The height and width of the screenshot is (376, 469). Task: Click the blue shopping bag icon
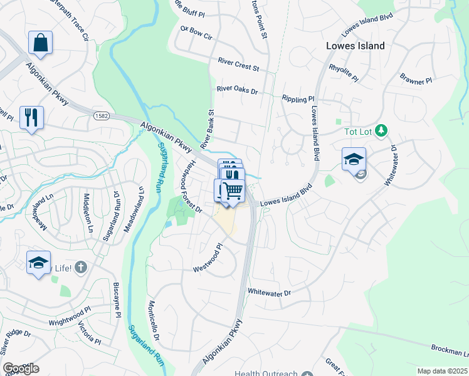(x=40, y=43)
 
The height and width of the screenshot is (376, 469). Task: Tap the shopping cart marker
(x=233, y=189)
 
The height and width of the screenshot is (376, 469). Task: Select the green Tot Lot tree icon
(x=381, y=131)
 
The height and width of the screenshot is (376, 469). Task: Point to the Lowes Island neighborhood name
(x=355, y=46)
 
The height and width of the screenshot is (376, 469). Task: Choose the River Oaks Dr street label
(x=237, y=90)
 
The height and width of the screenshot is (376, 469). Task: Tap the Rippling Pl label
(x=298, y=99)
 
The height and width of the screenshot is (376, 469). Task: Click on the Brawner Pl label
(x=416, y=79)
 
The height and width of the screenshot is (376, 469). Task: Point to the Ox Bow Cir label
(x=196, y=33)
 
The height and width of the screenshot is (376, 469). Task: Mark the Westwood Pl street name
(x=208, y=258)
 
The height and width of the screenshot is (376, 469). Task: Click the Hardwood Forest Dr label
(x=188, y=185)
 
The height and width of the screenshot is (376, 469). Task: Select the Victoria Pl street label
(x=89, y=333)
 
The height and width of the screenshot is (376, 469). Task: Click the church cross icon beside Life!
(x=80, y=268)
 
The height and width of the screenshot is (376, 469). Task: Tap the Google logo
(x=21, y=368)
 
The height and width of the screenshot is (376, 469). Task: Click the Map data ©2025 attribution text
(x=442, y=371)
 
